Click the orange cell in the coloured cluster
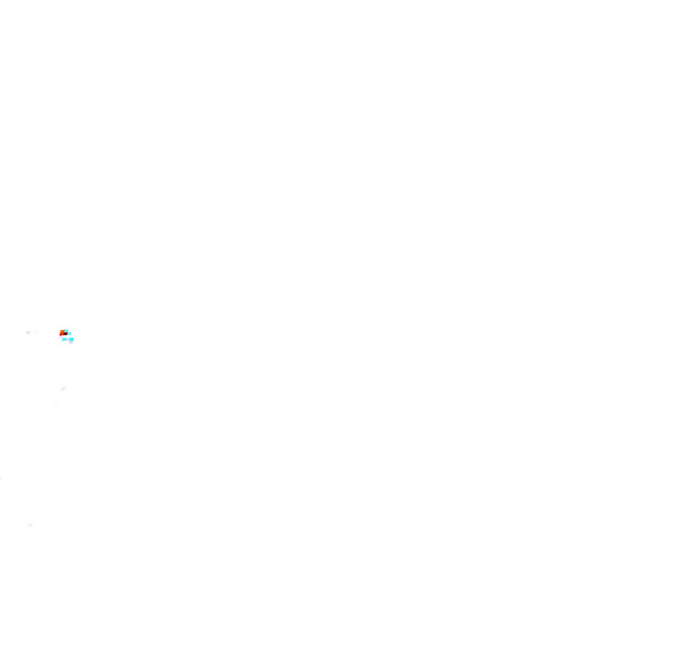[x=62, y=331]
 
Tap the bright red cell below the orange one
[x=61, y=334]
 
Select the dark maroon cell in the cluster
[x=65, y=334]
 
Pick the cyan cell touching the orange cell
[x=66, y=331]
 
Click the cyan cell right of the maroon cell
[x=69, y=334]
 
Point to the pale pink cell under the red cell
[x=61, y=337]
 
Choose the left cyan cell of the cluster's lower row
[x=64, y=339]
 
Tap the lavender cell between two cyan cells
[x=68, y=339]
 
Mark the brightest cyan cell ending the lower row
[x=72, y=339]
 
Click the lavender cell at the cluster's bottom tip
[x=71, y=342]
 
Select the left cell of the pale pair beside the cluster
[x=28, y=332]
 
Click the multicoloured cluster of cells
[x=67, y=336]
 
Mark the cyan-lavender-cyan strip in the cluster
[x=68, y=339]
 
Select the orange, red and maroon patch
[x=63, y=333]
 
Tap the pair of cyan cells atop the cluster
[x=68, y=332]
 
